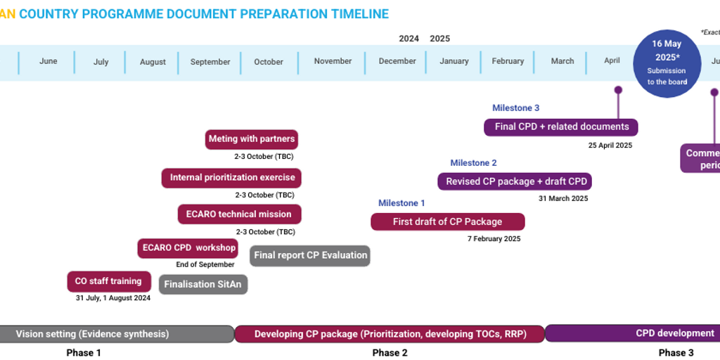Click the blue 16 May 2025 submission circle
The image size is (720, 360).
tap(667, 63)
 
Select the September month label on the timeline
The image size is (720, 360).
tap(210, 62)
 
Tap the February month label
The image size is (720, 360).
tap(508, 61)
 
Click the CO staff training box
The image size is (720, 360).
tap(108, 281)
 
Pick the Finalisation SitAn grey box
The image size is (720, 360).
tap(203, 285)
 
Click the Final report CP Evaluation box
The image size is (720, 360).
tap(310, 256)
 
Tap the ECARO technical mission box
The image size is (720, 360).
tap(239, 214)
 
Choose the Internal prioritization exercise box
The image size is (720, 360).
tap(232, 178)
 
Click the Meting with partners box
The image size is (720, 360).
tap(252, 139)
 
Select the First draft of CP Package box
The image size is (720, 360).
tap(447, 222)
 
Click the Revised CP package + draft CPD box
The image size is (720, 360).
tap(515, 181)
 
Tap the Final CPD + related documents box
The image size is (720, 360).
tap(561, 127)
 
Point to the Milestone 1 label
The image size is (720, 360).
tap(401, 203)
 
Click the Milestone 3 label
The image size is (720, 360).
tap(515, 108)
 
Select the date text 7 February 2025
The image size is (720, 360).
tap(494, 239)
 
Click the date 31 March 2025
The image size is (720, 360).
tap(562, 198)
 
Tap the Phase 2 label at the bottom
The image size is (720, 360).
tap(390, 353)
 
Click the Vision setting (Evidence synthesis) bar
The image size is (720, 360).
tap(92, 334)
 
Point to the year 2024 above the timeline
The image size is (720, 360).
tap(409, 39)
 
